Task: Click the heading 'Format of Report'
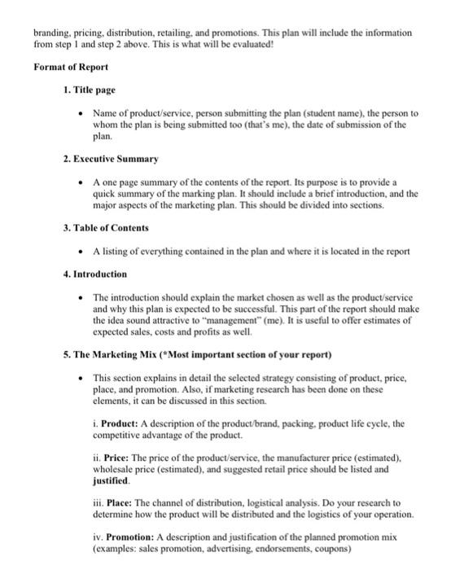click(x=71, y=66)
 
